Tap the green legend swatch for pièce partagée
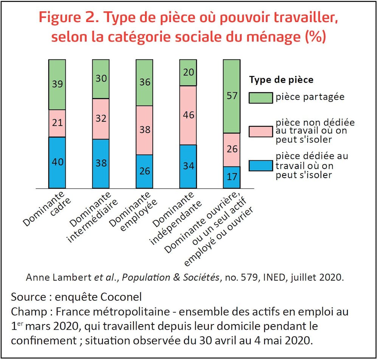[x=260, y=97]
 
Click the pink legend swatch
[x=260, y=131]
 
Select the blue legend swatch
[x=260, y=165]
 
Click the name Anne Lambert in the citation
[x=59, y=277]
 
